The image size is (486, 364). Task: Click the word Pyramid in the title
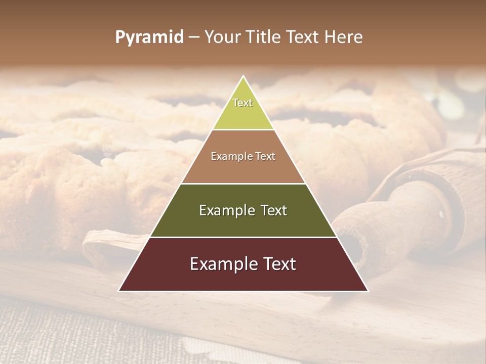point(149,37)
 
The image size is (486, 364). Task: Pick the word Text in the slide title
point(304,37)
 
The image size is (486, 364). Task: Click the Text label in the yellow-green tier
point(242,103)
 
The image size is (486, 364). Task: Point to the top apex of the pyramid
point(243,76)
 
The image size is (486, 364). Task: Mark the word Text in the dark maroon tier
point(278,264)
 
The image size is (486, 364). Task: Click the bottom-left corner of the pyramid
point(119,291)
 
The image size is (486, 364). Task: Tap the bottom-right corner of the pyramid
point(367,291)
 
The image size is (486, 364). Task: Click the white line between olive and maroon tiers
point(243,237)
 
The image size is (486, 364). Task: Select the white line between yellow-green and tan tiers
point(243,129)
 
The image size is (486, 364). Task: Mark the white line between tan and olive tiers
point(243,184)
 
